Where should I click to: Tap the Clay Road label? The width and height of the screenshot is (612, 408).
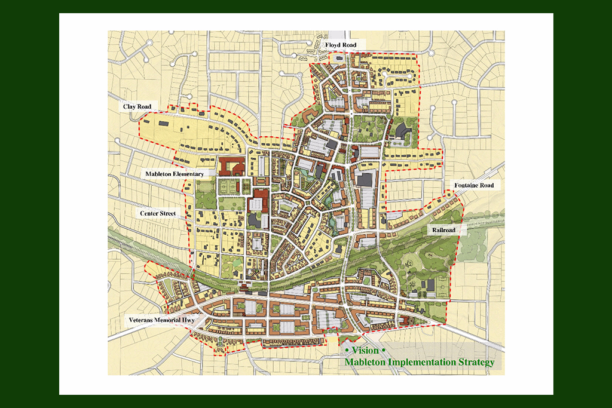137,107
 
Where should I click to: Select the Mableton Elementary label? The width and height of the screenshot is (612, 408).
174,174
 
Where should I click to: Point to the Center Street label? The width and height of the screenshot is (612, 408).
158,213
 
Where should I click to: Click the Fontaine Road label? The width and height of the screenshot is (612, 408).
473,186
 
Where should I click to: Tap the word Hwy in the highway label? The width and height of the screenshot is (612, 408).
187,321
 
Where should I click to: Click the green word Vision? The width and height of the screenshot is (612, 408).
365,351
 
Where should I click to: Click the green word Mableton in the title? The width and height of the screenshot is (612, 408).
365,363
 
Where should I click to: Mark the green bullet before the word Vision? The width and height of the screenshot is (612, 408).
347,351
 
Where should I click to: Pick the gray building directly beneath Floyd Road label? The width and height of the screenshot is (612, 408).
340,58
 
